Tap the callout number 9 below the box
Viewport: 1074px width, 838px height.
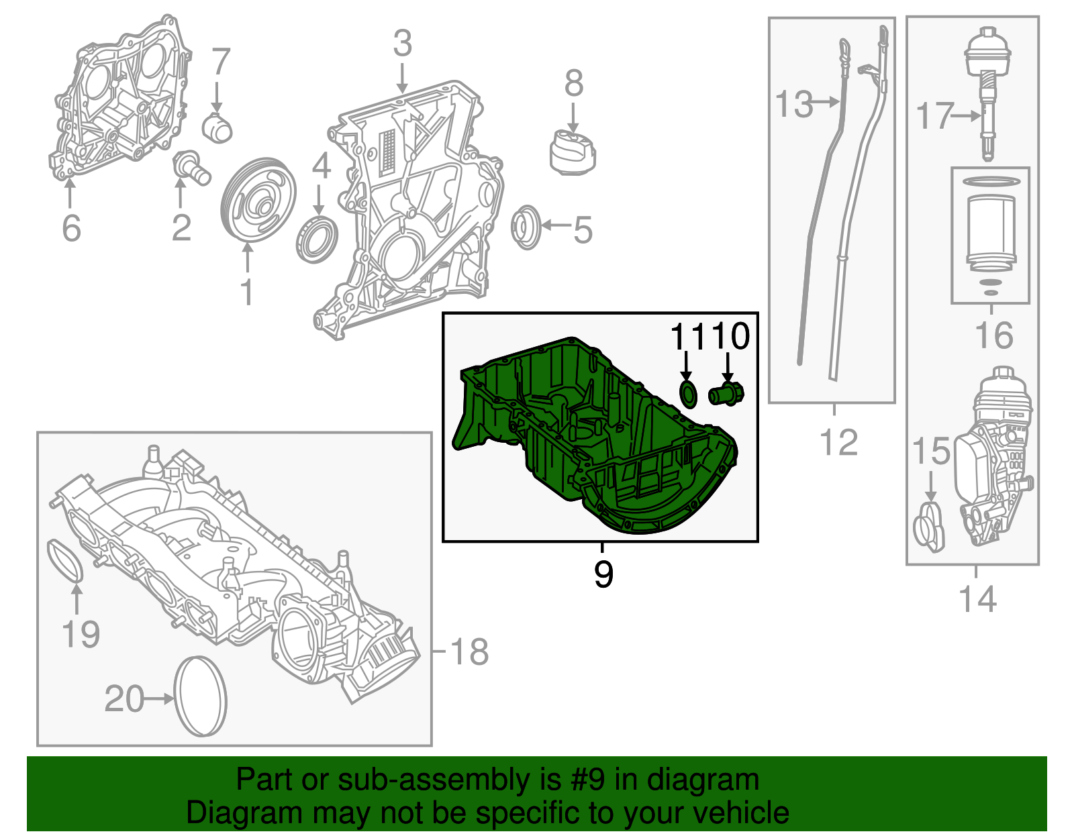[603, 574]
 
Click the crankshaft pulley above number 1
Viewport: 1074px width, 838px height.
[258, 200]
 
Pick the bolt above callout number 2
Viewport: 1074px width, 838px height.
[192, 168]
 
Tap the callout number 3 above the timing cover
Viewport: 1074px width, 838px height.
[402, 44]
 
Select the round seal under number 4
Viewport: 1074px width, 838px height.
[317, 240]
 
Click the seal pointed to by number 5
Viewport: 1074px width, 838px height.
[526, 227]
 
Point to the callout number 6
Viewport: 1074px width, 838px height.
[71, 228]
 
